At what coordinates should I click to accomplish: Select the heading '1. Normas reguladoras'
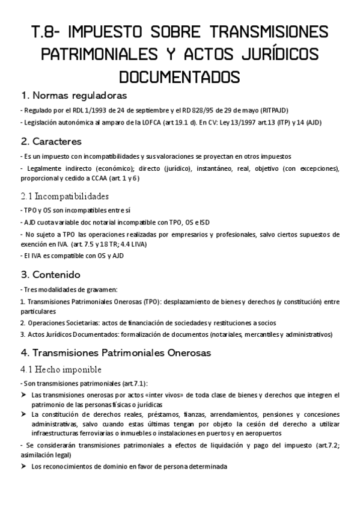[73, 96]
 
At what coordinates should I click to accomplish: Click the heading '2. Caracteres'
[51, 141]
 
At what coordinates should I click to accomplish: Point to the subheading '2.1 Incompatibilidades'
[65, 196]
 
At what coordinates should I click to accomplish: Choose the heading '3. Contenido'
[50, 275]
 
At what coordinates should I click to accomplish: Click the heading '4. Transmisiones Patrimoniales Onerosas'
[115, 352]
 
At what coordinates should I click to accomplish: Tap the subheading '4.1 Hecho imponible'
[60, 369]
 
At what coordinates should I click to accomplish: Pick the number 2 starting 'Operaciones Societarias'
[22, 323]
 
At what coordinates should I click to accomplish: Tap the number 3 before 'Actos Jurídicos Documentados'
[22, 334]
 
